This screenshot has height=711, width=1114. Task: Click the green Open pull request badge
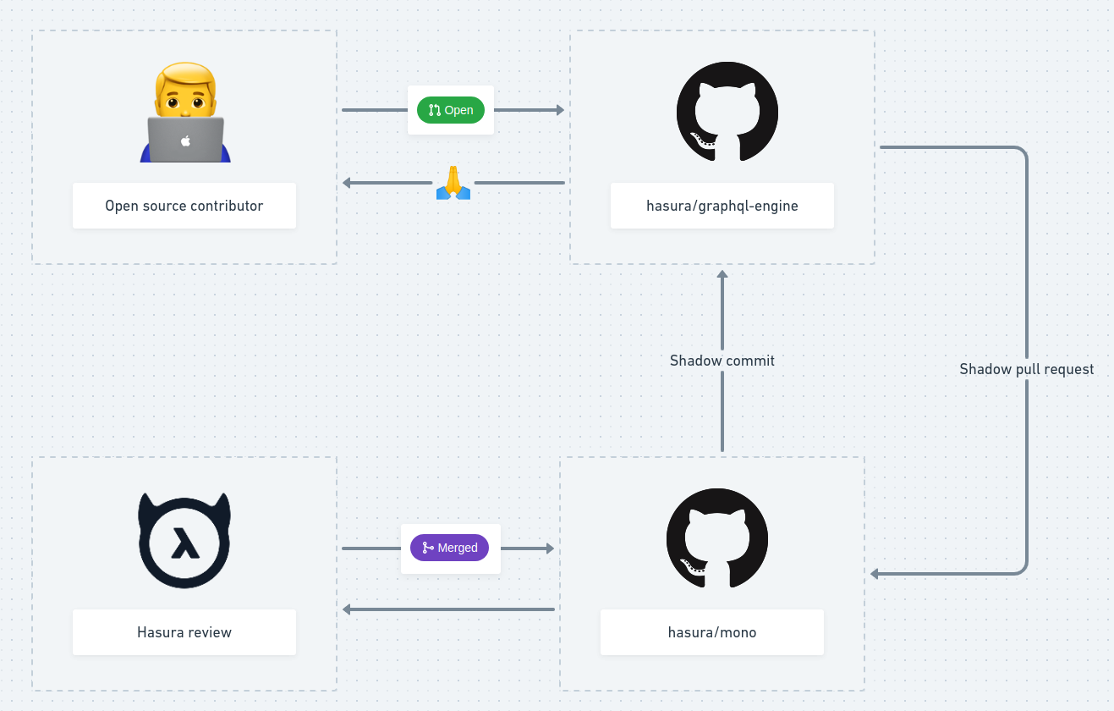point(451,110)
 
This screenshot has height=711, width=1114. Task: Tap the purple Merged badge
point(450,548)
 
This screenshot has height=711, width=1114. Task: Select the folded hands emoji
point(453,183)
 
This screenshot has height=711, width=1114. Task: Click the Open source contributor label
point(184,206)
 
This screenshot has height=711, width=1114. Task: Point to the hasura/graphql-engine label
point(722,206)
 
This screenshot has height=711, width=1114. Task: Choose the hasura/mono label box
point(712,632)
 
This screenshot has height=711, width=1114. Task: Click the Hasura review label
point(184,632)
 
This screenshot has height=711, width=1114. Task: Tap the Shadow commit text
point(722,361)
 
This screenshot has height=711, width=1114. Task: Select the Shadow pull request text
point(1026,369)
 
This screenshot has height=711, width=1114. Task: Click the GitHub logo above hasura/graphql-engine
point(727,112)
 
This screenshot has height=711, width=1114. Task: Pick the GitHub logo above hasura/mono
point(717,538)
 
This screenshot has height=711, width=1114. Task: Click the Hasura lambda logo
point(184,540)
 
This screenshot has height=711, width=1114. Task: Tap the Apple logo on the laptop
point(186,141)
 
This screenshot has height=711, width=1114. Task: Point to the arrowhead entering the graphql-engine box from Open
point(559,110)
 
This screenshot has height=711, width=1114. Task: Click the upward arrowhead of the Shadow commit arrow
point(722,275)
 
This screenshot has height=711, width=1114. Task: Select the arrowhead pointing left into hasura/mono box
point(875,574)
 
